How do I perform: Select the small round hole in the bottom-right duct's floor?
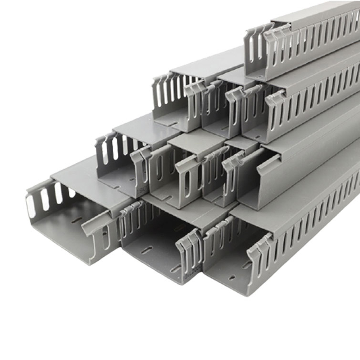232,277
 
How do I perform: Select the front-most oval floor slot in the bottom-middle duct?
175,268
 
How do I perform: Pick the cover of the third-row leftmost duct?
144,126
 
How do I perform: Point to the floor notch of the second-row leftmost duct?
172,123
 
